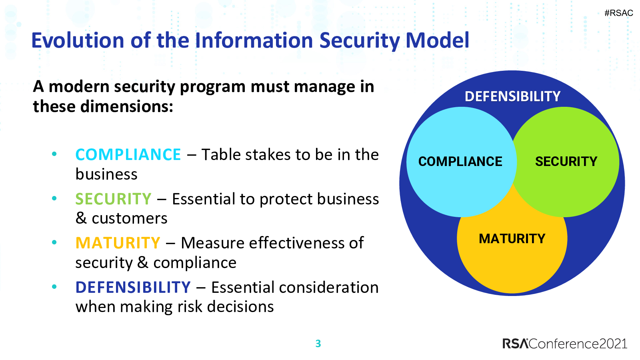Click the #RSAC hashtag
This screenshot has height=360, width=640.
point(618,13)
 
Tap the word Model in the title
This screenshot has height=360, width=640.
point(437,40)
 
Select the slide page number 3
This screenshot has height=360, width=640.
point(318,344)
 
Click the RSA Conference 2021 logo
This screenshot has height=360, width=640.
point(565,344)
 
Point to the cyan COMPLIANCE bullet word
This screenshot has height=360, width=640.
point(128,154)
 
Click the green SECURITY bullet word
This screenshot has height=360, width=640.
point(113,199)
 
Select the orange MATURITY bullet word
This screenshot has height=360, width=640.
point(118,243)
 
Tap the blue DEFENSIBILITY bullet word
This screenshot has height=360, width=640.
point(133,287)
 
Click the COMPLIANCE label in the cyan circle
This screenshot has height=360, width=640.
point(460,162)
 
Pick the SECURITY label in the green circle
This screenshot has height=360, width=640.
point(566,162)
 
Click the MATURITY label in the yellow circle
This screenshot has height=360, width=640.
point(512,238)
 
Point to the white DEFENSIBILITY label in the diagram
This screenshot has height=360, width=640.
point(512,96)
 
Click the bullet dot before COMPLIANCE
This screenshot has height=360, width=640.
point(54,154)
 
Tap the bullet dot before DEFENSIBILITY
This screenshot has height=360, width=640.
point(54,286)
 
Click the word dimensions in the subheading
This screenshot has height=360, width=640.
point(126,106)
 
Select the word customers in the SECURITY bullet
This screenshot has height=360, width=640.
point(130,218)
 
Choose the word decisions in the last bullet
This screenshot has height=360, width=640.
point(240,306)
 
